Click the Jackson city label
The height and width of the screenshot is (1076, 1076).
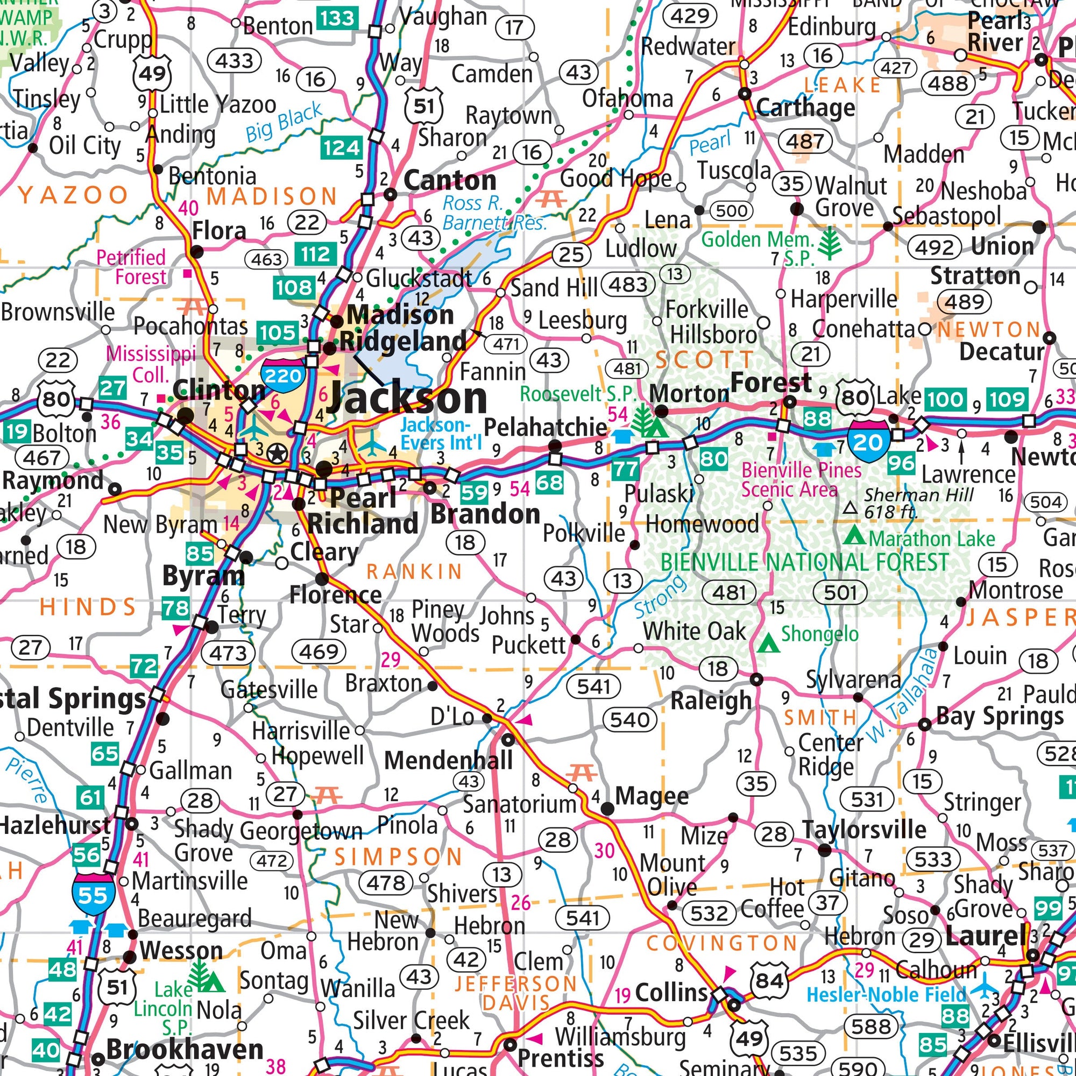pyautogui.click(x=407, y=398)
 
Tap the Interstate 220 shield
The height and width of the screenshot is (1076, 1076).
pyautogui.click(x=283, y=375)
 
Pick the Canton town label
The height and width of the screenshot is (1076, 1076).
pyautogui.click(x=449, y=180)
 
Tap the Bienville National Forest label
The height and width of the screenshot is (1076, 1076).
pyautogui.click(x=804, y=563)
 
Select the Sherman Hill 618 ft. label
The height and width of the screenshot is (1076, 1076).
pyautogui.click(x=918, y=503)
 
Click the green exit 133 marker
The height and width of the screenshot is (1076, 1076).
pyautogui.click(x=337, y=18)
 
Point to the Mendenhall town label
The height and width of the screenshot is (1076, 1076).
pyautogui.click(x=448, y=760)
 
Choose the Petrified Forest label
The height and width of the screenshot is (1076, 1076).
pyautogui.click(x=131, y=267)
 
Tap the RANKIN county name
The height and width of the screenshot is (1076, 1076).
pyautogui.click(x=414, y=571)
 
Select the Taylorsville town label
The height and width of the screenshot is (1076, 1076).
pyautogui.click(x=864, y=829)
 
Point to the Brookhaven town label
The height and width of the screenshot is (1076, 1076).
pyautogui.click(x=185, y=1050)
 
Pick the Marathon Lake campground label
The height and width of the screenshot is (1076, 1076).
pyautogui.click(x=931, y=539)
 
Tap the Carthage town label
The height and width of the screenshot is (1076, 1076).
pyautogui.click(x=805, y=107)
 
